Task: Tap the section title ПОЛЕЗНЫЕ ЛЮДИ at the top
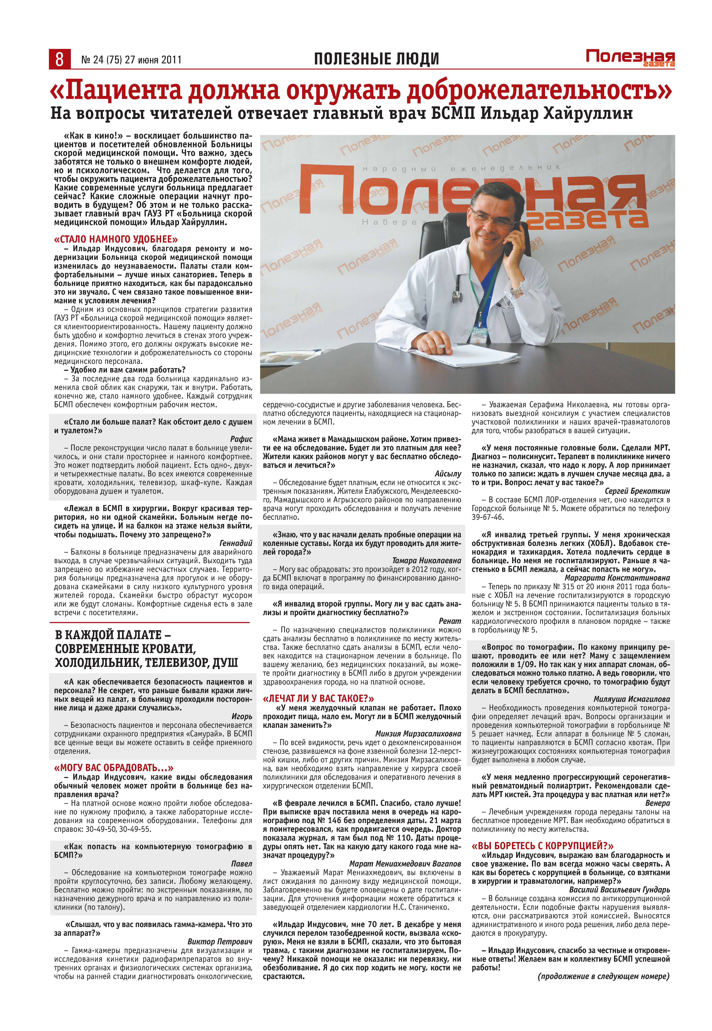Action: pyautogui.click(x=376, y=59)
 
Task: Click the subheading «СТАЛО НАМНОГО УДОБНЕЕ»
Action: pyautogui.click(x=116, y=239)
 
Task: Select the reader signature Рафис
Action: pyautogui.click(x=241, y=439)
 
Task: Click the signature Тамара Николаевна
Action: pyautogui.click(x=426, y=560)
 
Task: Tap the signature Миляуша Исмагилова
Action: pyautogui.click(x=631, y=699)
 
